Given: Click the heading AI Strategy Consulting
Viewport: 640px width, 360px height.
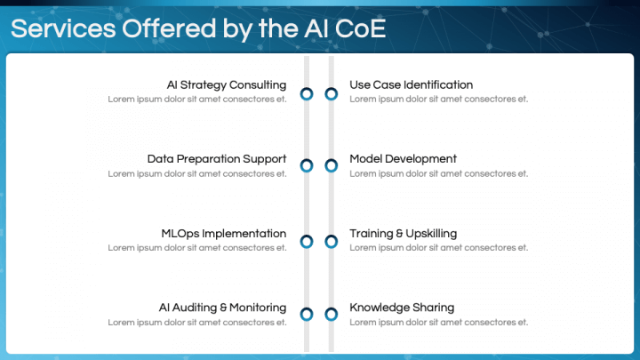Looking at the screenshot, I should pos(227,85).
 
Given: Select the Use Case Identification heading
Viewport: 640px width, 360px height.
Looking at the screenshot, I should pos(411,85).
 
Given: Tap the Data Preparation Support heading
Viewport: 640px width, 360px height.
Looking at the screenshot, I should pos(217,159).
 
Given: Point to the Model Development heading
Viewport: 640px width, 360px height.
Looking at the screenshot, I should pos(403,159).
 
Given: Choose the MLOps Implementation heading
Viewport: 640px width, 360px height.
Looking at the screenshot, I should pos(224,234).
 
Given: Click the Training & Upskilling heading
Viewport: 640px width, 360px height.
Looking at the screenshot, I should pos(403,234).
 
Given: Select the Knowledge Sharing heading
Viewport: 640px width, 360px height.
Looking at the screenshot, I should pos(402,308).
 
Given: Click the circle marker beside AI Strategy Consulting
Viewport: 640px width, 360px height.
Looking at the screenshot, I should pos(307,93).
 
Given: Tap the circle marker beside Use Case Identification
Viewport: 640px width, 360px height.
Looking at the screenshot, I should pos(332,93).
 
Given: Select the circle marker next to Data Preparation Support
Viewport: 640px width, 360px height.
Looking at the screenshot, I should pos(307,165).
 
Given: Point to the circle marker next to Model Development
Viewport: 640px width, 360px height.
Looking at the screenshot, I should pos(332,165).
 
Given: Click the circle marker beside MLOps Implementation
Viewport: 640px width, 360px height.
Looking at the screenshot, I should pos(307,241).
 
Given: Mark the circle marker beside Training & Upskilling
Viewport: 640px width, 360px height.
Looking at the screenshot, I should pos(332,241).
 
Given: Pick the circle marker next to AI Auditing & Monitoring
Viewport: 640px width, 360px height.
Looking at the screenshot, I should pos(307,314).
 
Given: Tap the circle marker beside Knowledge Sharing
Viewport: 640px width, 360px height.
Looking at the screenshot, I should pos(332,314).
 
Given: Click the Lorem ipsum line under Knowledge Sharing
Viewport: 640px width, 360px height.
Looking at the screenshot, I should pos(438,322).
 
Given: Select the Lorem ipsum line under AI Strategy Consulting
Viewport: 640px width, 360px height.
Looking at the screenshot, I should pos(197,100).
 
